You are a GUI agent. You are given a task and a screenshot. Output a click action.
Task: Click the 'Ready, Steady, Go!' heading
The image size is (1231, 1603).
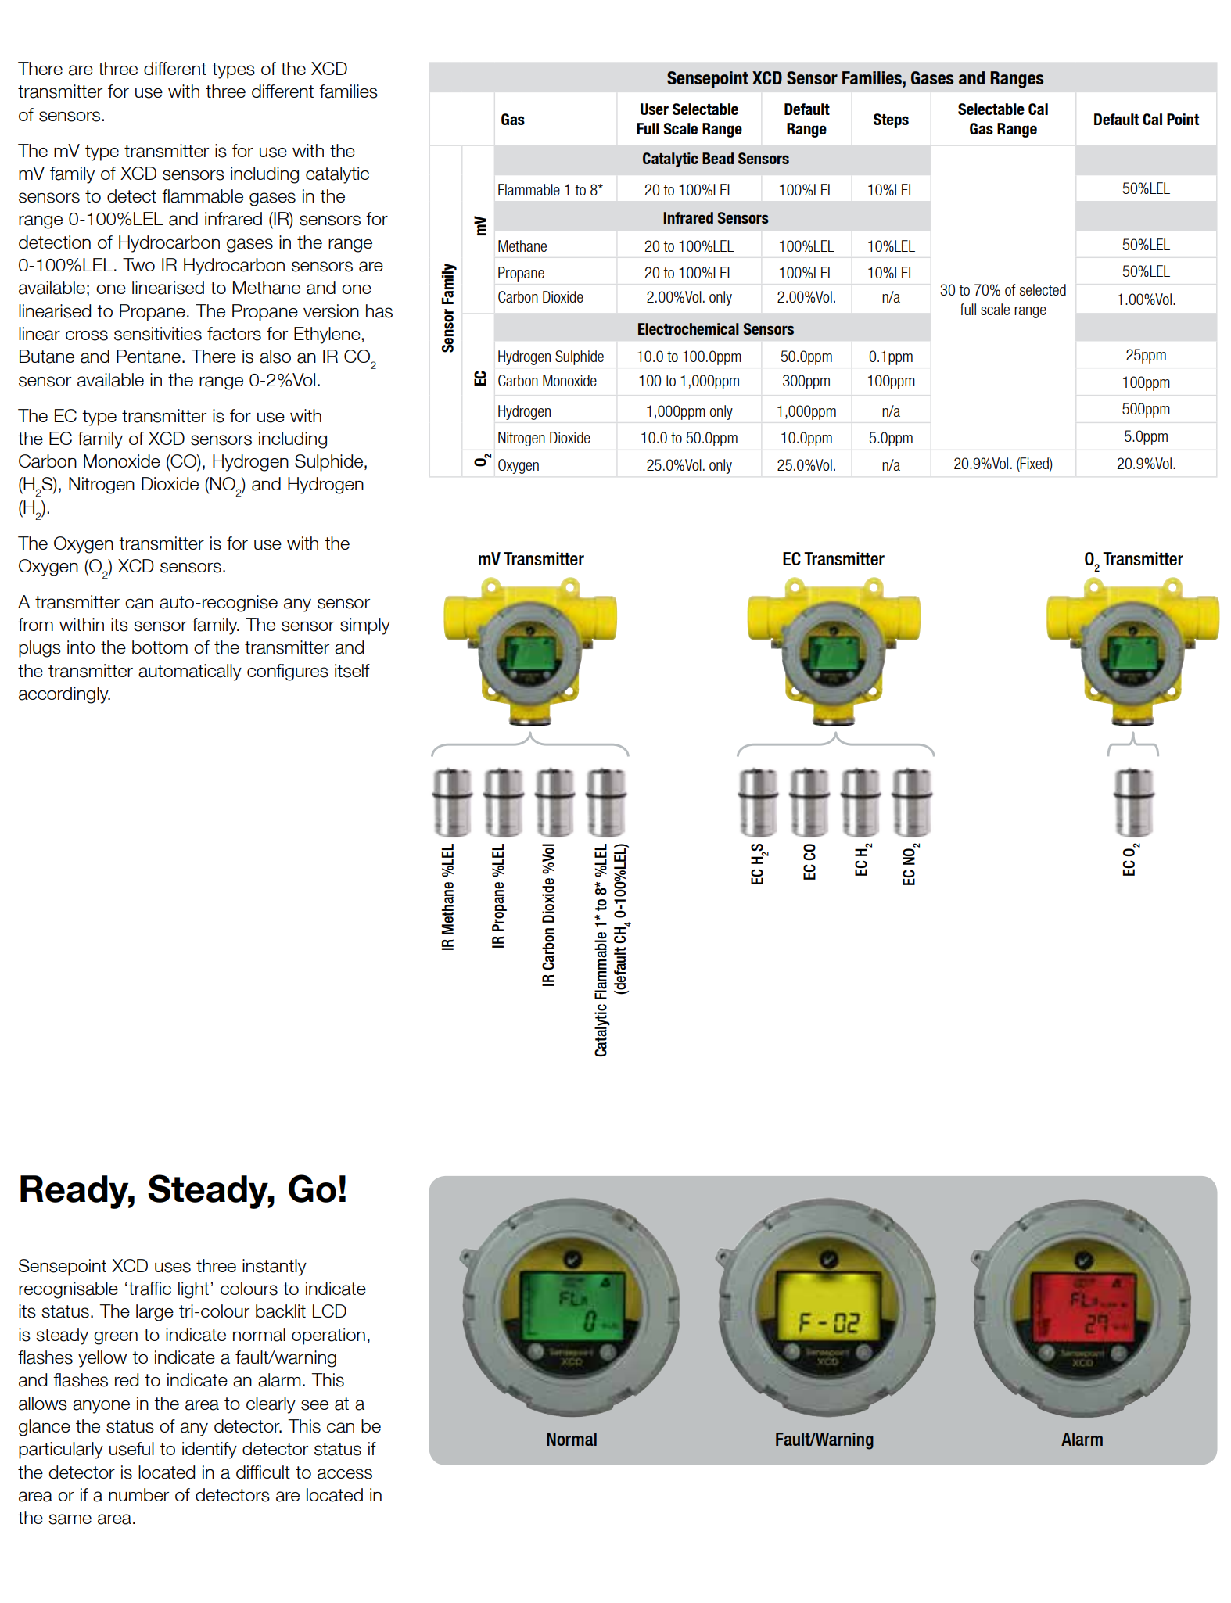(182, 1189)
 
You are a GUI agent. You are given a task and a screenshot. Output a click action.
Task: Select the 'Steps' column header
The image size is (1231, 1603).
(890, 120)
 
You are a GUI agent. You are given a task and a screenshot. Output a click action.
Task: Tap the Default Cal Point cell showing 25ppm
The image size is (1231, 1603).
(1145, 355)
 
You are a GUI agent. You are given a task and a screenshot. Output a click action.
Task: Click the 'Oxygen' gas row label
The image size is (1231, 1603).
(518, 465)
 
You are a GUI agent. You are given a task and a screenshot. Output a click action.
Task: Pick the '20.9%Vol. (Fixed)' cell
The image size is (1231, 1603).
(1002, 464)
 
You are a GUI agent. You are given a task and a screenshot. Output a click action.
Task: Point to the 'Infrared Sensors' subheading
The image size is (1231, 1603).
(715, 218)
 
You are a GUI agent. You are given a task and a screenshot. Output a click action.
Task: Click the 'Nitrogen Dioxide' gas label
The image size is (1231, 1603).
(544, 438)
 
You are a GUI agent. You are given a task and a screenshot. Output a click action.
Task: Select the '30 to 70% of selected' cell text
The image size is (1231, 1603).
(1002, 291)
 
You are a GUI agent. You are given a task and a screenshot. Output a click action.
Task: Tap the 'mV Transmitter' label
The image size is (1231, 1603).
(530, 559)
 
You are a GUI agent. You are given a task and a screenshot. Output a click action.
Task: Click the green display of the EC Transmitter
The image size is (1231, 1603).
(834, 652)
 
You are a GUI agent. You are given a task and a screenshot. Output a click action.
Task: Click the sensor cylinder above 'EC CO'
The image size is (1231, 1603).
(809, 801)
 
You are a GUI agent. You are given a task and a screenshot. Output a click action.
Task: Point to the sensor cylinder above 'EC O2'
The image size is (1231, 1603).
(1132, 801)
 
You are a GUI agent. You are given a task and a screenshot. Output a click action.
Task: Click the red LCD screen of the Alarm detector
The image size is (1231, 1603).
(1082, 1305)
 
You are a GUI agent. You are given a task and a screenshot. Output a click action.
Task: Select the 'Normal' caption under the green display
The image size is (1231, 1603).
(571, 1440)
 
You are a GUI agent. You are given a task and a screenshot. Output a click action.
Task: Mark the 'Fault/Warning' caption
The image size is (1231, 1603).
(824, 1440)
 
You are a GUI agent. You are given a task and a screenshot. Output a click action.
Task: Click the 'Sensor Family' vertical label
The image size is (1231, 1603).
(448, 307)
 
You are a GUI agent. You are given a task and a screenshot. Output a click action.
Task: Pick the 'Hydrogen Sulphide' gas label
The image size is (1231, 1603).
(550, 357)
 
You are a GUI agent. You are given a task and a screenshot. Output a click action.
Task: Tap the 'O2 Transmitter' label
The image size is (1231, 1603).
(1132, 560)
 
